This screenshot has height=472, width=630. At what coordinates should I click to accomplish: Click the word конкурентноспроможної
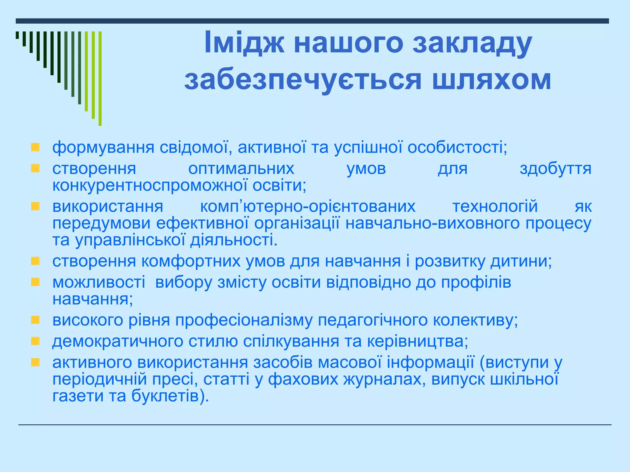point(150,186)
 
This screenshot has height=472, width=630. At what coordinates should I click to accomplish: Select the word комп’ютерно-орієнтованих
point(308,206)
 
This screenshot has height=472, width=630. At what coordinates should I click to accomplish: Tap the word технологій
point(495,206)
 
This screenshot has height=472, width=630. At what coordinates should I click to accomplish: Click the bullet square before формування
point(35,147)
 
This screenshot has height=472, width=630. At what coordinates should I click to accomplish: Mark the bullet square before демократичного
point(35,341)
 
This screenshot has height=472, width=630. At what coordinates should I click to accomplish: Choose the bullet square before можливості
point(35,282)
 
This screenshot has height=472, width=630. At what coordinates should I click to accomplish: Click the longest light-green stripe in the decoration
point(100,78)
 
